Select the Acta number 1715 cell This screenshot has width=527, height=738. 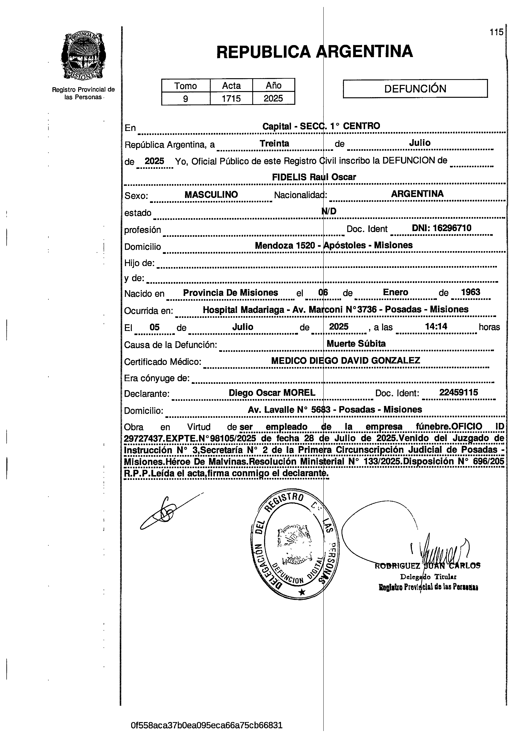click(231, 98)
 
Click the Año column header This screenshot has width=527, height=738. click(274, 86)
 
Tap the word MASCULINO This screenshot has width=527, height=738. click(211, 195)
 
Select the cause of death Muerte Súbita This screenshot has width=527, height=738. click(356, 344)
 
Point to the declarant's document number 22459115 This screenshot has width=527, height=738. click(458, 392)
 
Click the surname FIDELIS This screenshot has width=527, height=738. click(289, 177)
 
